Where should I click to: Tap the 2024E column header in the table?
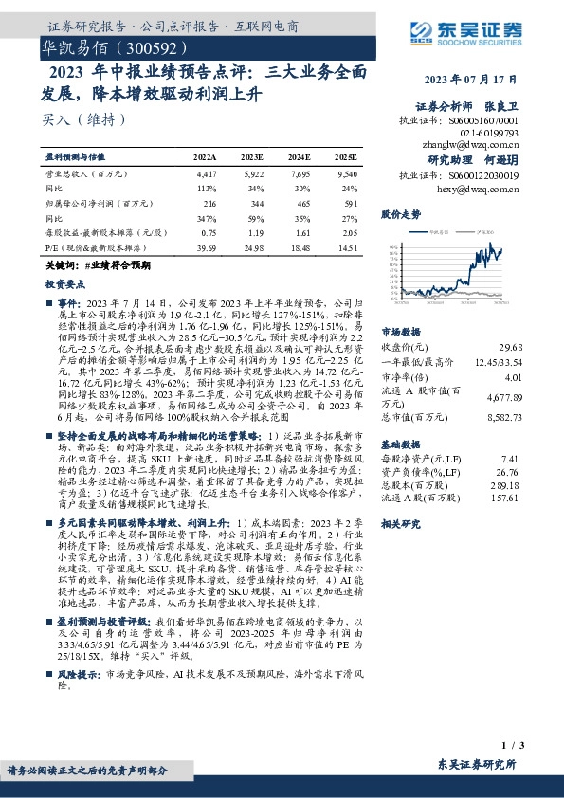pos(300,155)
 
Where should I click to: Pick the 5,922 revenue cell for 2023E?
pos(253,175)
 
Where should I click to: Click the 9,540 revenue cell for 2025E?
pos(348,175)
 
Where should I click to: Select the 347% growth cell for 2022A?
pos(206,218)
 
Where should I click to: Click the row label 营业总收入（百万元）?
pos(87,175)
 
